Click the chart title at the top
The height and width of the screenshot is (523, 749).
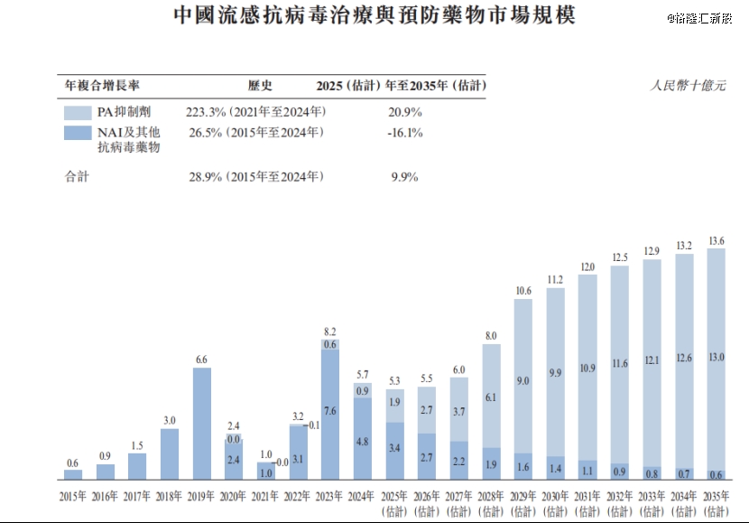pyautogui.click(x=374, y=16)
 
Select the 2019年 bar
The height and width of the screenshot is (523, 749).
pyautogui.click(x=202, y=423)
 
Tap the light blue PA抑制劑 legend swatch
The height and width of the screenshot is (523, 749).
pyautogui.click(x=77, y=113)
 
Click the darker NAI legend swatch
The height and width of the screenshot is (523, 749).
pyautogui.click(x=77, y=133)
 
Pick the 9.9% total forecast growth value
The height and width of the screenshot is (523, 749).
pyautogui.click(x=404, y=177)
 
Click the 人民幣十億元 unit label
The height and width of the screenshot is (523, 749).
pyautogui.click(x=688, y=87)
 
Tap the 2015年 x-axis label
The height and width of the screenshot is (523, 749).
pyautogui.click(x=73, y=496)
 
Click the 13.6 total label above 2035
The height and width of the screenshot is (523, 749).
pyautogui.click(x=716, y=241)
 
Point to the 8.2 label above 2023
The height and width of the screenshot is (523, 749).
pyautogui.click(x=330, y=332)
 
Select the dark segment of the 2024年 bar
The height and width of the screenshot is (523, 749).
pyautogui.click(x=363, y=438)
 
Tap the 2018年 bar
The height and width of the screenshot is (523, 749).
pyautogui.click(x=170, y=453)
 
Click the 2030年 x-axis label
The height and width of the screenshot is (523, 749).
pyautogui.click(x=555, y=502)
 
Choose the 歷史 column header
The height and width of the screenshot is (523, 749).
pyautogui.click(x=260, y=87)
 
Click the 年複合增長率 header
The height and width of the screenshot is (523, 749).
pyautogui.click(x=102, y=87)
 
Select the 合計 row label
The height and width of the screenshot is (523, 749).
pyautogui.click(x=77, y=177)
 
